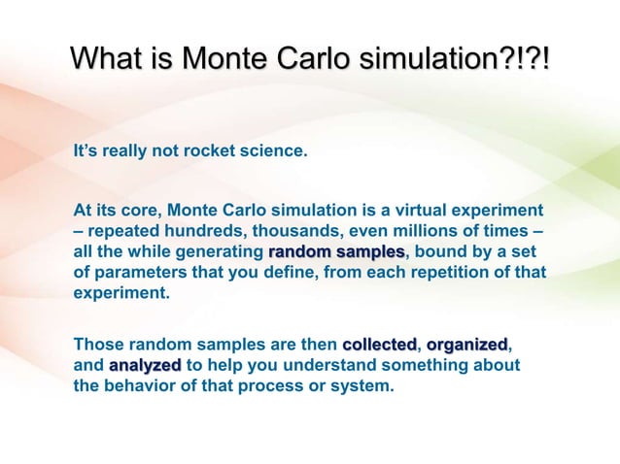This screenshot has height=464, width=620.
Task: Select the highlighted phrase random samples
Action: tap(330, 252)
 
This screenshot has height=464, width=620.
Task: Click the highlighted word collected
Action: tap(379, 345)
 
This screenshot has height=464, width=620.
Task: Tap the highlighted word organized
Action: tap(466, 345)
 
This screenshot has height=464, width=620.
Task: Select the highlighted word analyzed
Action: tap(145, 365)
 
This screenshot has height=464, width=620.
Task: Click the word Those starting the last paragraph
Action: tap(97, 345)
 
